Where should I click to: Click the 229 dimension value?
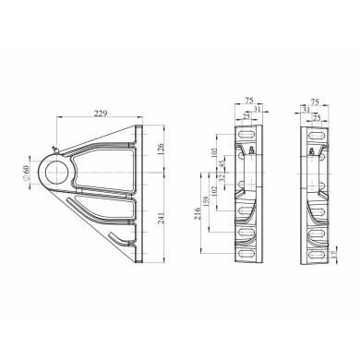click(101, 114)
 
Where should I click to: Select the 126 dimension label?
click(162, 149)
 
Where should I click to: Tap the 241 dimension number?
click(162, 218)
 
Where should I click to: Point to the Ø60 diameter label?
click(26, 174)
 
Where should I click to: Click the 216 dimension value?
click(198, 213)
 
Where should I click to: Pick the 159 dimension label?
click(206, 201)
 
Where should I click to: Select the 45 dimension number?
click(222, 164)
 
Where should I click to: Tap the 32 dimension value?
click(222, 178)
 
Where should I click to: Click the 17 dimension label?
click(335, 254)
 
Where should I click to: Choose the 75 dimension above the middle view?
click(248, 101)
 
